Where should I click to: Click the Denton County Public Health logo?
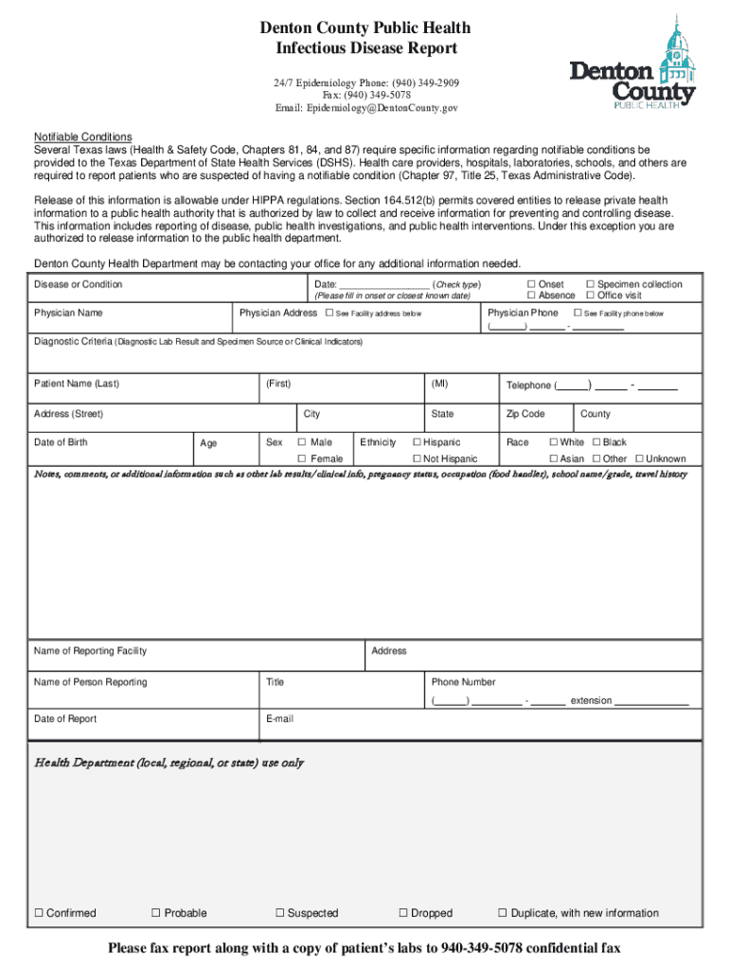[x=631, y=63]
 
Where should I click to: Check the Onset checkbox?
[x=531, y=284]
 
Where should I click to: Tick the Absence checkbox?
[x=531, y=296]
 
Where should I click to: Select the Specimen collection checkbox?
[x=590, y=284]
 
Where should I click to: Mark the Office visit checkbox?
[x=590, y=296]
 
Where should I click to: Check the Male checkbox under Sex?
[x=302, y=442]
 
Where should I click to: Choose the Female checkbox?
[x=302, y=458]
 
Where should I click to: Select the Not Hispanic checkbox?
[x=416, y=458]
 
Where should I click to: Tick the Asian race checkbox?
[x=553, y=458]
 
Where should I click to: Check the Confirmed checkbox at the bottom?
[x=39, y=913]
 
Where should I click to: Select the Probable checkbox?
[x=156, y=913]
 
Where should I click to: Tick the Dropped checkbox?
[x=402, y=913]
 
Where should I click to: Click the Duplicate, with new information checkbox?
[x=503, y=913]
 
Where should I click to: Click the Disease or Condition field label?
[x=78, y=285]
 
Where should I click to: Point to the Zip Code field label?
[x=525, y=414]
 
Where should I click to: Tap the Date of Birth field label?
[x=61, y=442]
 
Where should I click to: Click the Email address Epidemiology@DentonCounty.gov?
[x=366, y=109]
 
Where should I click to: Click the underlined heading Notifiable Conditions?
[x=83, y=137]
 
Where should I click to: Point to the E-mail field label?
[x=279, y=719]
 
